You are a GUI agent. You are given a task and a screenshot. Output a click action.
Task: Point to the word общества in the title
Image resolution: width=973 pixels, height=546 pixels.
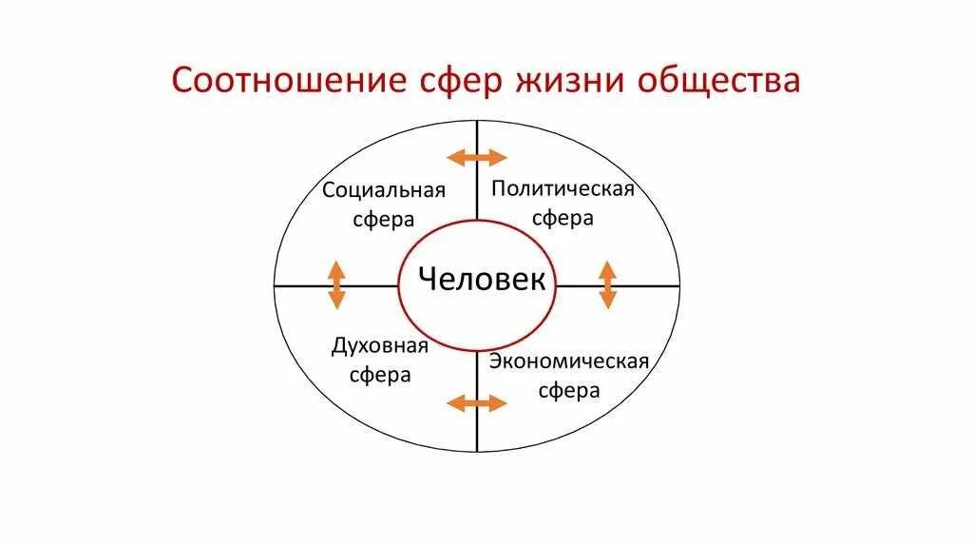[718, 81]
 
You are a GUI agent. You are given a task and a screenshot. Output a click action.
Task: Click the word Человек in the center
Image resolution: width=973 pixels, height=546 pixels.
[483, 280]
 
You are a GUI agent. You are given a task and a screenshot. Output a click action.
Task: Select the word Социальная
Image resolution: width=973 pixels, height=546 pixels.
[384, 190]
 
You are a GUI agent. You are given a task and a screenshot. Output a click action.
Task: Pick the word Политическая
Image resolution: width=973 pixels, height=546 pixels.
[563, 187]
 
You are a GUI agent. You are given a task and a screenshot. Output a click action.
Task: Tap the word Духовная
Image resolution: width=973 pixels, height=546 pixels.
[380, 345]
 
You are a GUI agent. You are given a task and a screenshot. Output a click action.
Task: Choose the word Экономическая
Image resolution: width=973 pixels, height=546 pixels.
[569, 361]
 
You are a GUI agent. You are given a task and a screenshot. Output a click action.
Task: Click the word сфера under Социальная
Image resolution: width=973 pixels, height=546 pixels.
[384, 220]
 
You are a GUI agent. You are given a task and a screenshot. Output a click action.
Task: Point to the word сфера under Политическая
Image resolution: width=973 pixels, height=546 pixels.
[563, 218]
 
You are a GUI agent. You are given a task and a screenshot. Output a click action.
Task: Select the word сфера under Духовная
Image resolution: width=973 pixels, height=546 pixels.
[380, 375]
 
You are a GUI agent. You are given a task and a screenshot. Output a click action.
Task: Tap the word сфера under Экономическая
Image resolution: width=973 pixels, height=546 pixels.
[569, 391]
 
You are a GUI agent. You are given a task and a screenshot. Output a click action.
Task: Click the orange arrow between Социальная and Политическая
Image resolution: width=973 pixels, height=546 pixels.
[478, 157]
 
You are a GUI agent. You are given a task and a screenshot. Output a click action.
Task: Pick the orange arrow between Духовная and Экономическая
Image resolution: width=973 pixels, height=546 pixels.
[477, 403]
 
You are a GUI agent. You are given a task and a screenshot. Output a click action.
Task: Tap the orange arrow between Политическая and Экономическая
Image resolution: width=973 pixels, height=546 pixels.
[607, 284]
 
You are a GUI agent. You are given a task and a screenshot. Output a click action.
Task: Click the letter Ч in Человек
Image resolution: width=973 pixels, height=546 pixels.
[429, 280]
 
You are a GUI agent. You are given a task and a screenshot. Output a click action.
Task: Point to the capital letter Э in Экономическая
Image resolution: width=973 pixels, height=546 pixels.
[496, 361]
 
